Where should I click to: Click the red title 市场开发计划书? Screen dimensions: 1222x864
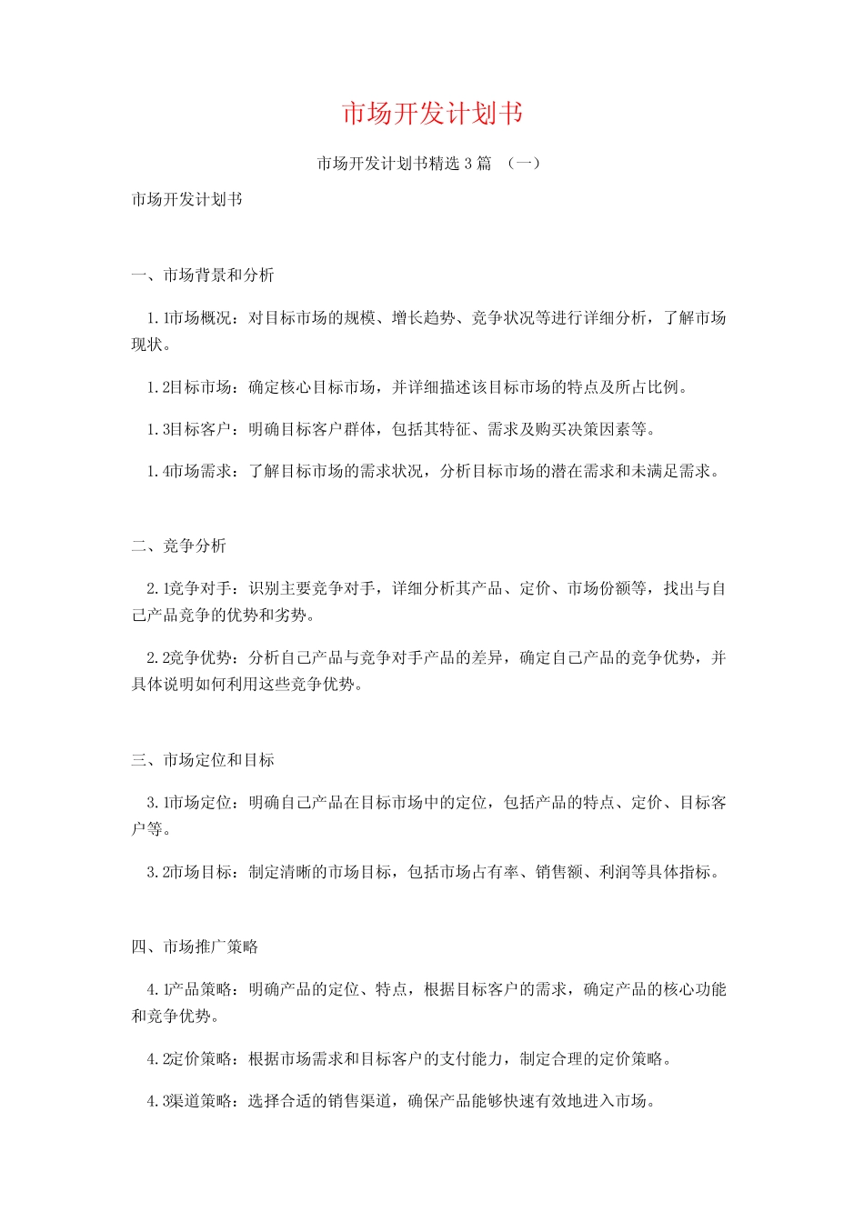coord(432,114)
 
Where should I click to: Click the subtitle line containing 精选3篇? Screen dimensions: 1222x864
coord(428,164)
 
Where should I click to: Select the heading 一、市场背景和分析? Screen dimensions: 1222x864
coord(202,275)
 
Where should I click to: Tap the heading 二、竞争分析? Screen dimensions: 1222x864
coord(178,546)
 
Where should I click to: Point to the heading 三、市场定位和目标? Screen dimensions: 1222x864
coord(202,760)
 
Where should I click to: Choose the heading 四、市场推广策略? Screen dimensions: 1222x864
coord(195,947)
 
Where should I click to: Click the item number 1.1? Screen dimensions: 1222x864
coord(157,318)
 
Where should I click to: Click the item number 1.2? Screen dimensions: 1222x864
coord(157,387)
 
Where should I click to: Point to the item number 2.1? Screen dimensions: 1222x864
coord(157,589)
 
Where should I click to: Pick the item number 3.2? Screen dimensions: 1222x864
coord(157,872)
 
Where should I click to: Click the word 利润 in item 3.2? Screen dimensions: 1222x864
coord(616,872)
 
